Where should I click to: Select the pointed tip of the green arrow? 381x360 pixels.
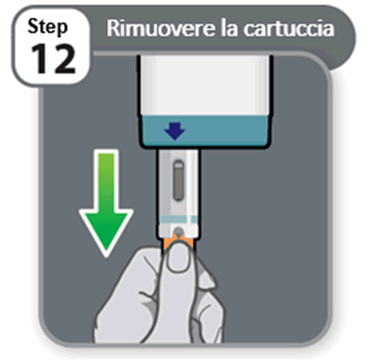pyautogui.click(x=104, y=249)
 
